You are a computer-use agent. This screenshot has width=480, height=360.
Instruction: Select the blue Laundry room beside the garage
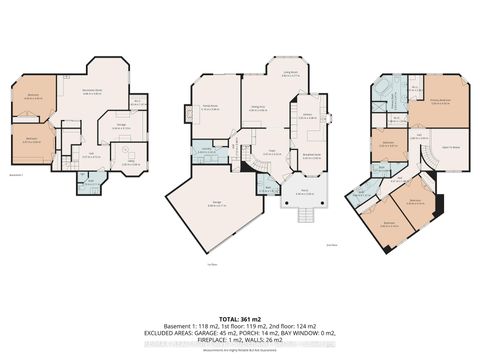(x=207, y=151)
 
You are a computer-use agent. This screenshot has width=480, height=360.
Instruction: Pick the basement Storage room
(x=122, y=127)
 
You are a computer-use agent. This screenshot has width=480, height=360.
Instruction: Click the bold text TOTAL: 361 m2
(x=239, y=284)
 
